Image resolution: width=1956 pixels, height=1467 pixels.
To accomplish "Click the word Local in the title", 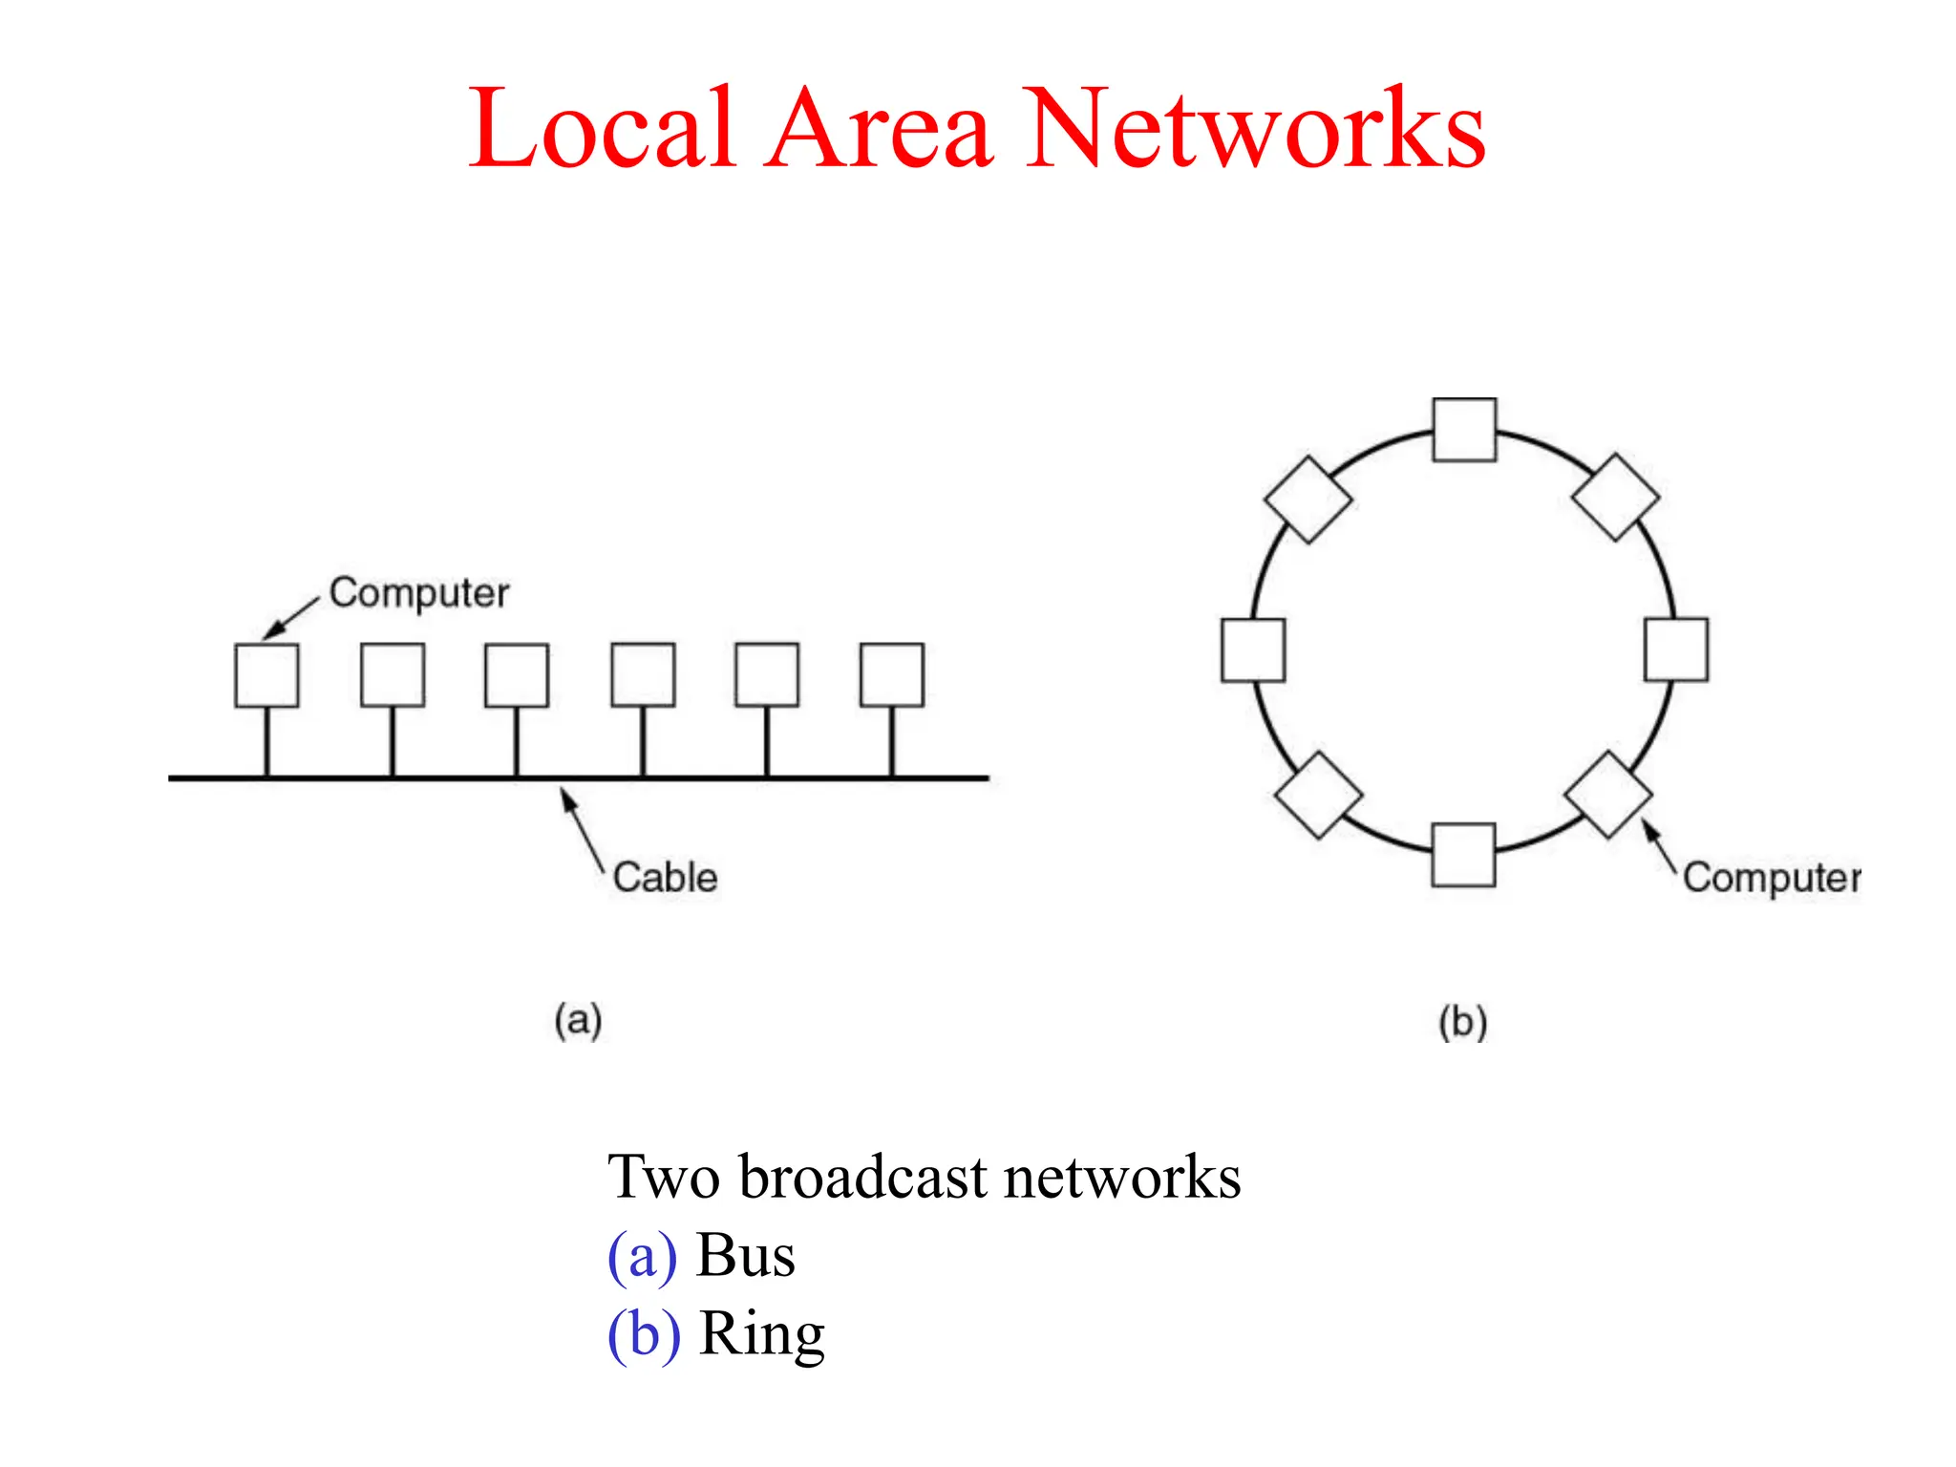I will click(602, 129).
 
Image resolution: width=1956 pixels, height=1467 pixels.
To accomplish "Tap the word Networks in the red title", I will click(1256, 129).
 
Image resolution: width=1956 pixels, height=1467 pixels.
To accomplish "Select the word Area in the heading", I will click(879, 129).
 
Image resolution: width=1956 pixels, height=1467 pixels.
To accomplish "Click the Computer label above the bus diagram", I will click(418, 593).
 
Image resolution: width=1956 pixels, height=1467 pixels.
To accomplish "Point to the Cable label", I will click(665, 877).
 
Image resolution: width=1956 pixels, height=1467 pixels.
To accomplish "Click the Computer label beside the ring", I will click(1770, 877).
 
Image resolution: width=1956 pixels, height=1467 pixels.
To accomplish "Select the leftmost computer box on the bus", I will click(266, 675).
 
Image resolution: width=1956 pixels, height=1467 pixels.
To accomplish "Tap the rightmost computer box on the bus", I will click(892, 675).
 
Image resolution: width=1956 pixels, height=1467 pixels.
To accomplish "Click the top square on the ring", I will click(1464, 430).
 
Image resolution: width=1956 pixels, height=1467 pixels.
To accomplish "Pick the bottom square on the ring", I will click(1463, 855).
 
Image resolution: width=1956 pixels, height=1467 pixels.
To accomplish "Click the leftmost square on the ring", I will click(1253, 650).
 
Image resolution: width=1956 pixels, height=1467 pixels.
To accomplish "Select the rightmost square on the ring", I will click(1676, 649).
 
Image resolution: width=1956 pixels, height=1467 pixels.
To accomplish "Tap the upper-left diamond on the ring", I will click(1308, 500).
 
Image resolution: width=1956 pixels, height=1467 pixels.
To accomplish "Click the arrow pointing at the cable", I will click(583, 826).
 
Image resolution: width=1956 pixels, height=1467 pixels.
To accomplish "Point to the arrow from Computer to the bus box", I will click(290, 617).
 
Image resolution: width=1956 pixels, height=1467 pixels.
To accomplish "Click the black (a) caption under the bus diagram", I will click(578, 1020).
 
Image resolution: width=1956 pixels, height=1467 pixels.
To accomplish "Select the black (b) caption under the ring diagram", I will click(1463, 1022).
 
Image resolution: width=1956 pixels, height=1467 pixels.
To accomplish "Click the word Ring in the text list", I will click(761, 1334).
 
